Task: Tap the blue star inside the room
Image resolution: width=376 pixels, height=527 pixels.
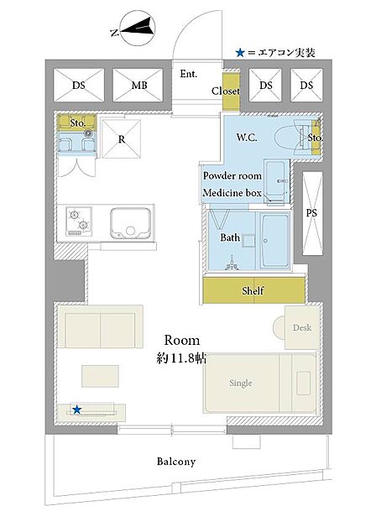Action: tap(77, 410)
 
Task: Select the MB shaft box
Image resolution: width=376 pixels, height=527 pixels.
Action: tap(138, 86)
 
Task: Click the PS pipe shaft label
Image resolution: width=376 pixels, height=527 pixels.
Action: tap(311, 213)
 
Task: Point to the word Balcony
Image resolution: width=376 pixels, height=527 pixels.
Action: tap(176, 462)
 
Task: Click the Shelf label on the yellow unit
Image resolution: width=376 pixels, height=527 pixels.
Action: tap(253, 290)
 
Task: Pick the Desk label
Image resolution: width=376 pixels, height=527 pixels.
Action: tap(302, 327)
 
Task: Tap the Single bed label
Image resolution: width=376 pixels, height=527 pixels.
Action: tap(241, 383)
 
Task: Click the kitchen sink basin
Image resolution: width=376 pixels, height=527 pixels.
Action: tap(130, 223)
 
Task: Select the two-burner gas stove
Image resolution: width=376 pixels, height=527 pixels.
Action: tap(79, 222)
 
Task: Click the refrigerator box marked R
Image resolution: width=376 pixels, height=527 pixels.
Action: tap(122, 138)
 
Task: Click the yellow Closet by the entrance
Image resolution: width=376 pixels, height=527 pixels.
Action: tap(231, 91)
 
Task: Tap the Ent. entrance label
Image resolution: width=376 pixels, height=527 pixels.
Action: tap(189, 74)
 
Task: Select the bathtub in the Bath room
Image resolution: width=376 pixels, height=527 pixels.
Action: tap(274, 241)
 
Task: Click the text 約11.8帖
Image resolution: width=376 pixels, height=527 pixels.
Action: tap(181, 358)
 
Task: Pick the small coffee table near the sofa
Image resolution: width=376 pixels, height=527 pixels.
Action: tap(100, 376)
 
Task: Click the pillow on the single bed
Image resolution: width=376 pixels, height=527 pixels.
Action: tap(304, 383)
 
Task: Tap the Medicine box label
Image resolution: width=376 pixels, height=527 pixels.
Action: tap(232, 193)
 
